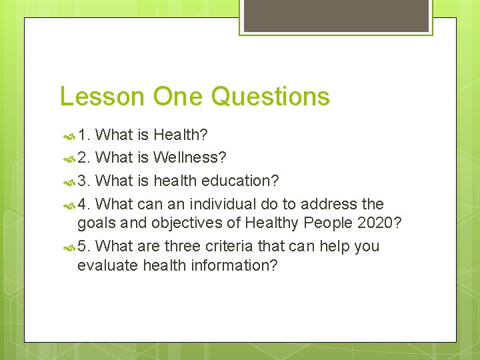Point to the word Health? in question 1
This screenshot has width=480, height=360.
click(x=180, y=135)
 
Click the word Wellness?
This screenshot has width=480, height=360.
click(x=189, y=158)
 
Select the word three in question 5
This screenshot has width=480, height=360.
click(x=175, y=246)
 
